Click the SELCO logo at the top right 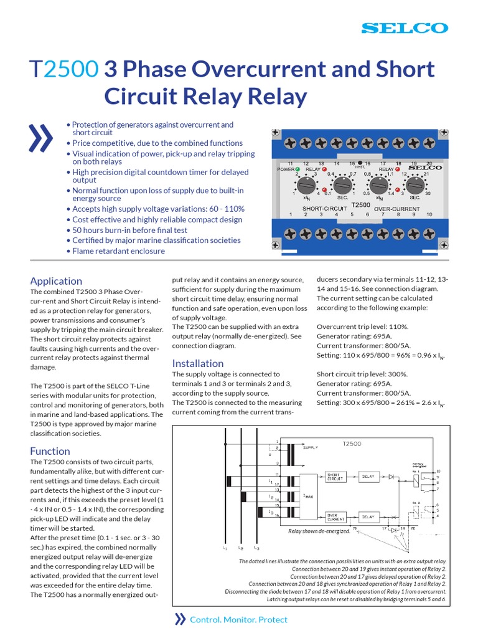coord(405,28)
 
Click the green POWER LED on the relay coord(298,168)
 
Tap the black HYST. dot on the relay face coord(360,162)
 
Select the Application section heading coord(56,281)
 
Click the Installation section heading coord(197,363)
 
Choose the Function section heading coord(50,451)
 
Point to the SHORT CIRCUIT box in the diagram coord(337,477)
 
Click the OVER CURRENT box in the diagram coord(337,516)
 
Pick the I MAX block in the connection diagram coord(308,496)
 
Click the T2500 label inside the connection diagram coord(352,444)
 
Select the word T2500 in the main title coord(64,69)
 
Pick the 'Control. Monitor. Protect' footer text coord(238,619)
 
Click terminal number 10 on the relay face coord(428,215)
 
